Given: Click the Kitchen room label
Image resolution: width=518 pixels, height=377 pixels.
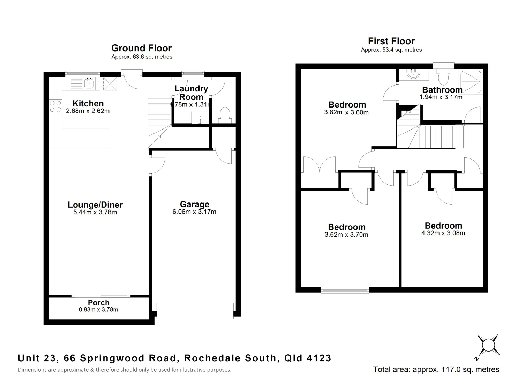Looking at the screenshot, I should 88,104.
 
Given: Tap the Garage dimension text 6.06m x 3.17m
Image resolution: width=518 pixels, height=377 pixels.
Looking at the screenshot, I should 194,212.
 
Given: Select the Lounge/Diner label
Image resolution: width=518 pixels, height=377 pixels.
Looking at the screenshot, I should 95,205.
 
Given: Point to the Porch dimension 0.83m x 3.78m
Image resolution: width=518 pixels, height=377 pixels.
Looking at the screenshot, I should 98,310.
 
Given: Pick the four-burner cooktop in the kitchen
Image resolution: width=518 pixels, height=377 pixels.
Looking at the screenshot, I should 55,106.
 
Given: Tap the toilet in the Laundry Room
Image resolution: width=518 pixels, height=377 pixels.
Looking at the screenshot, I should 225,115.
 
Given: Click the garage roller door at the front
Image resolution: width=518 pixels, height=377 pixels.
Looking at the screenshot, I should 195,311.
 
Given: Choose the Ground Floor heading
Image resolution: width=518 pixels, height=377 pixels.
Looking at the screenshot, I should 141,48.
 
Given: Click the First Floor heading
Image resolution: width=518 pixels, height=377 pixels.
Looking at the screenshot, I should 391,41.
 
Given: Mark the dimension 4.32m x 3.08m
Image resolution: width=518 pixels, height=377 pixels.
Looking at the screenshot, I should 443,233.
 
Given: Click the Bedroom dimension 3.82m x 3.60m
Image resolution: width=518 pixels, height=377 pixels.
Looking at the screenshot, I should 346,112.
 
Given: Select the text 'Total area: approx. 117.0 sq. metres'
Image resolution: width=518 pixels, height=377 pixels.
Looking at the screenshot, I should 436,369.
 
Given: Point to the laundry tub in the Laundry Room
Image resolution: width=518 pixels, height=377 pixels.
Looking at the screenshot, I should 200,118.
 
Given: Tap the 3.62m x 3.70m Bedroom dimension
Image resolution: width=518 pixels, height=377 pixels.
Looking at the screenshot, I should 346,235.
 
